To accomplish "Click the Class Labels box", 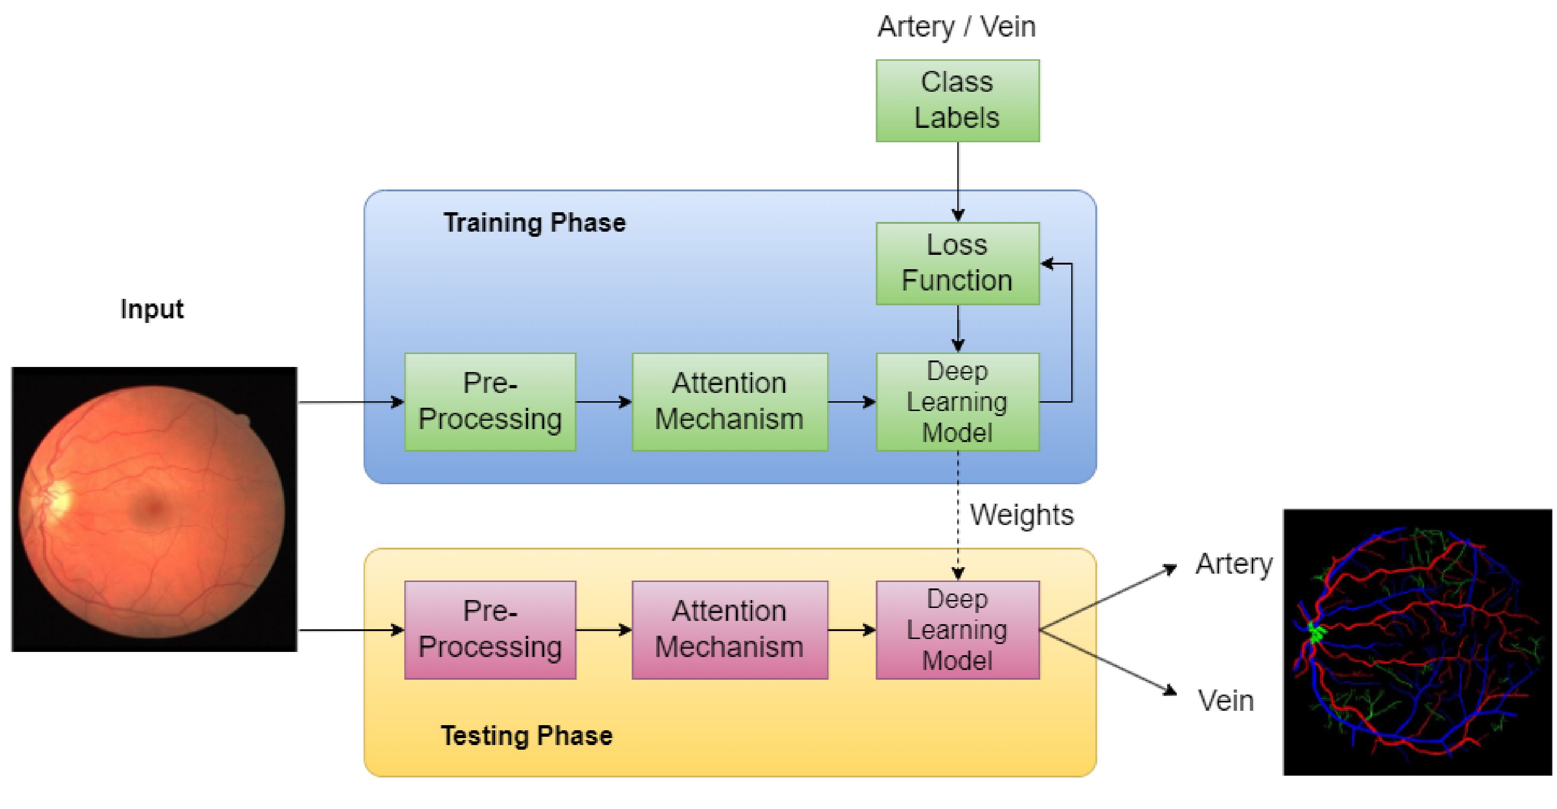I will pos(957,101).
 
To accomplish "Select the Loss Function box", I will pos(957,263).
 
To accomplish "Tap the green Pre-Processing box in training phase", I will pos(490,401).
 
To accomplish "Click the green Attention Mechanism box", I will pos(729,401).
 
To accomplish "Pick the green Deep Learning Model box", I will pos(957,401).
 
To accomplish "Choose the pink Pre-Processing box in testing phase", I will pos(490,629).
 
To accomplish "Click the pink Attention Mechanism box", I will pos(729,629).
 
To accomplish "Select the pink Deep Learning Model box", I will pos(957,629).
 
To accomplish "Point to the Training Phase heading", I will pos(534,222).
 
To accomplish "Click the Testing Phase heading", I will pos(527,736).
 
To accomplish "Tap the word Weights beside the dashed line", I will pos(1022,515).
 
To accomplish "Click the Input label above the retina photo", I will pos(152,309).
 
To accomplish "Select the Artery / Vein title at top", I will pos(956,26).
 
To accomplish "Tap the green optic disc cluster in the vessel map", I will pos(1316,632).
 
